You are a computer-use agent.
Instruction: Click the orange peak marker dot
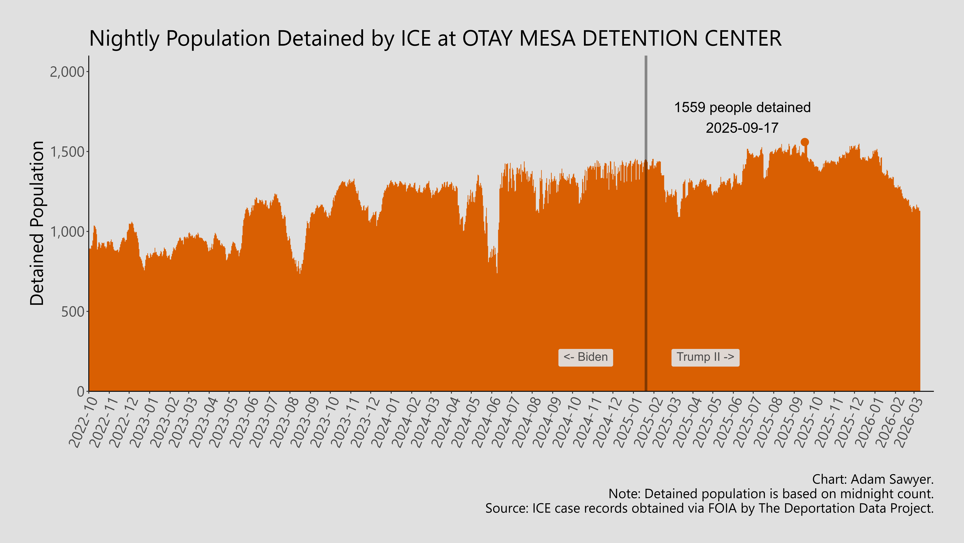pos(805,142)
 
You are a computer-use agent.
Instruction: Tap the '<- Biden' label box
pos(586,357)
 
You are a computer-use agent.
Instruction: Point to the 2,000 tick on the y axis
pos(67,72)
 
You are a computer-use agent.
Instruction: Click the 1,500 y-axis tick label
pos(67,152)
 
